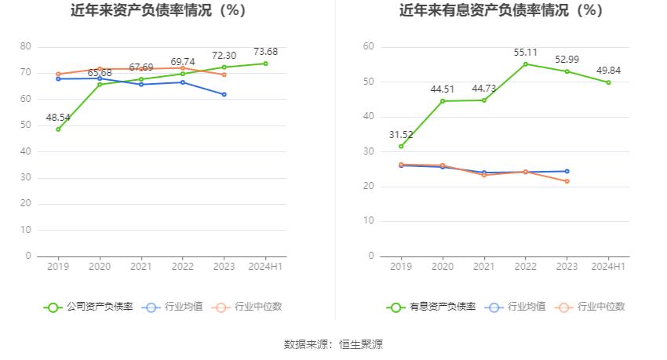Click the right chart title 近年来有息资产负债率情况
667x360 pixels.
pyautogui.click(x=501, y=11)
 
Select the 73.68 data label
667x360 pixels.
pyautogui.click(x=266, y=52)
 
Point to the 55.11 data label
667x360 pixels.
pyautogui.click(x=526, y=52)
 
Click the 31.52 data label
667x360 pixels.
pyautogui.click(x=402, y=134)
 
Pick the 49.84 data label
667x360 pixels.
pyautogui.click(x=608, y=71)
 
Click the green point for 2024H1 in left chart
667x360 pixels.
pyautogui.click(x=265, y=64)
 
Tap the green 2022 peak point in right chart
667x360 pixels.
pyautogui.click(x=526, y=64)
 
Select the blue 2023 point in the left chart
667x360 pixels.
pyautogui.click(x=224, y=94)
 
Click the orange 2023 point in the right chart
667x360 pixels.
pyautogui.click(x=567, y=181)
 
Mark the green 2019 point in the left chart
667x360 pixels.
pyautogui.click(x=58, y=129)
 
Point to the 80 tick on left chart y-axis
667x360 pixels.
pyautogui.click(x=25, y=47)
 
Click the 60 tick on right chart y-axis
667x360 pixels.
pyautogui.click(x=368, y=47)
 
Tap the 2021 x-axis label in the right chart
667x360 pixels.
pyautogui.click(x=484, y=267)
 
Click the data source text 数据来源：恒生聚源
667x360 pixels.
pyautogui.click(x=333, y=344)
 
